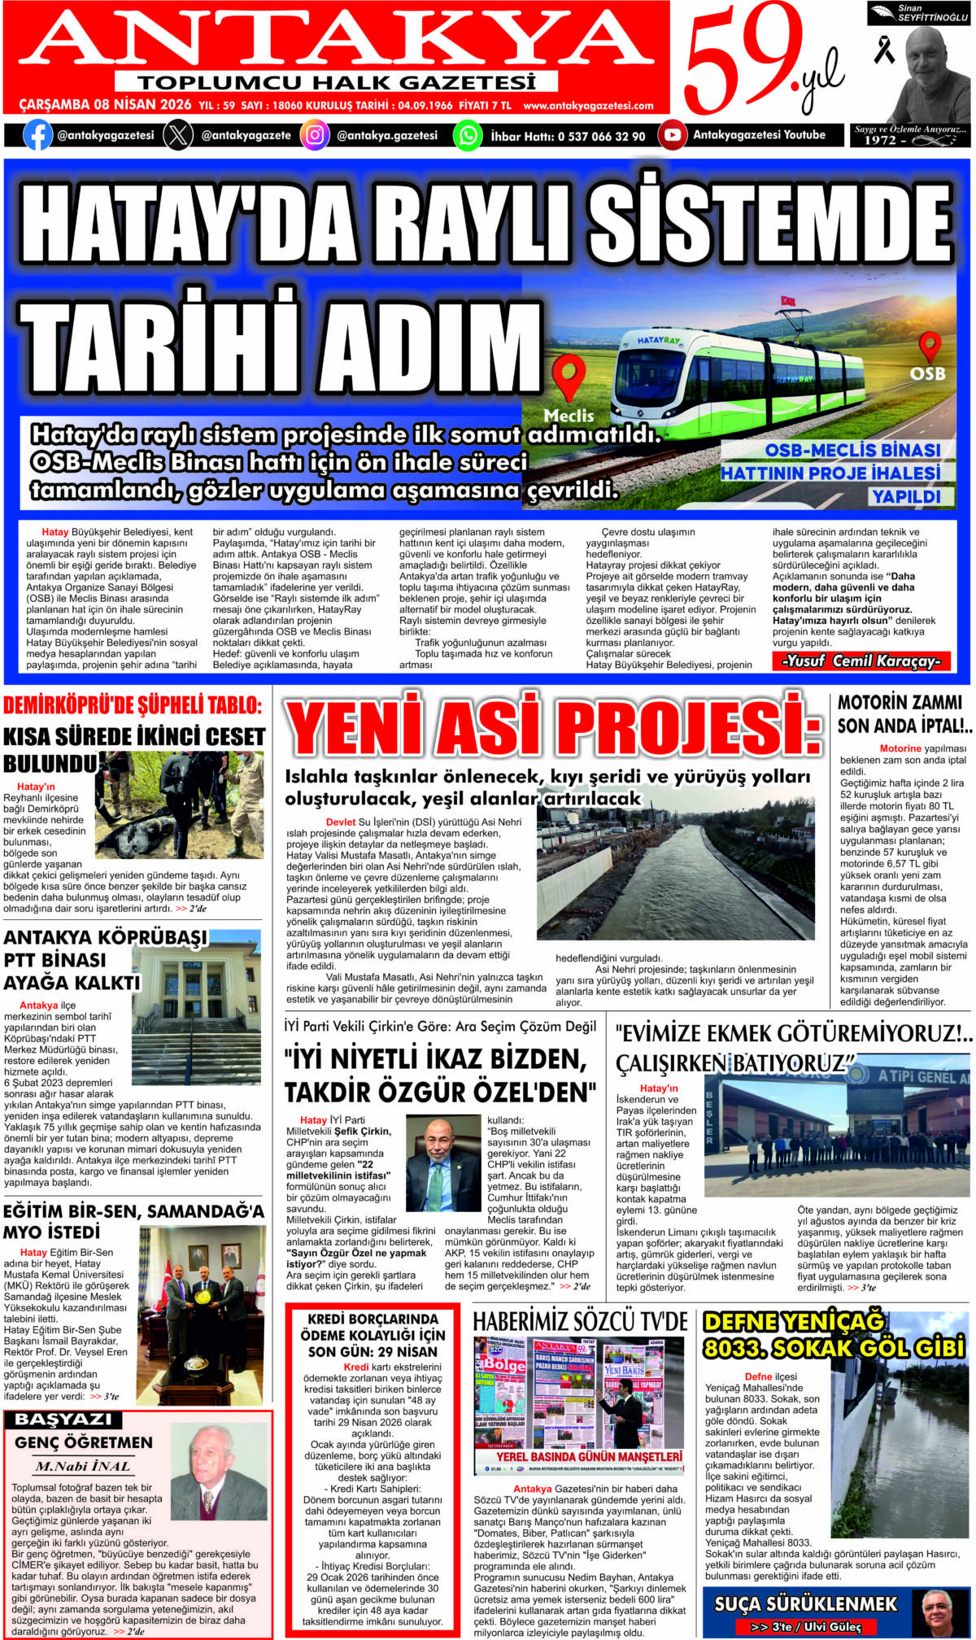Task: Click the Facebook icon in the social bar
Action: (x=37, y=135)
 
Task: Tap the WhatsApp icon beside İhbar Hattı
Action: (x=468, y=135)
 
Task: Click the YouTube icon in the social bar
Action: (x=672, y=135)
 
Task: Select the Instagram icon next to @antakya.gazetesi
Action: (x=315, y=135)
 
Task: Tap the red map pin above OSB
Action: (x=930, y=346)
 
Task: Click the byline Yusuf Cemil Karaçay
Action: (x=861, y=661)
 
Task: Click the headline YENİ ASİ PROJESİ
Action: (x=553, y=726)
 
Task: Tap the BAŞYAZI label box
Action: (x=63, y=1420)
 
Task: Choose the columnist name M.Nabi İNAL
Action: (x=83, y=1467)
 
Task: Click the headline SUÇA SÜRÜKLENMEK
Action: (x=805, y=1603)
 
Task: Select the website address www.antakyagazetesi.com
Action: (x=588, y=106)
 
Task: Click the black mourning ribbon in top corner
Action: (x=883, y=50)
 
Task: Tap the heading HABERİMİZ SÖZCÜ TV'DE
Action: (x=580, y=1321)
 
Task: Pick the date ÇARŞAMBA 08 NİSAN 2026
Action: (x=105, y=105)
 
